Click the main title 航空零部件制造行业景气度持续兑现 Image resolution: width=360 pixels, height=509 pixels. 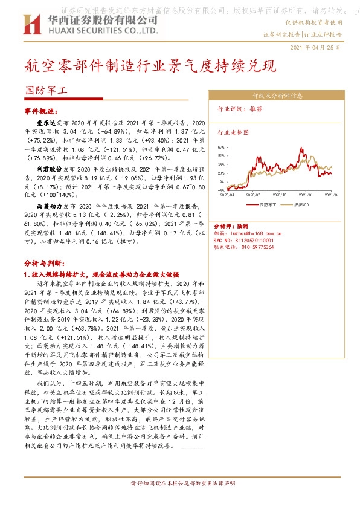click(150, 65)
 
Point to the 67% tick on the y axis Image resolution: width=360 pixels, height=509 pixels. click(221, 147)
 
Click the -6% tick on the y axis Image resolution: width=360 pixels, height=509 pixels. click(221, 189)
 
